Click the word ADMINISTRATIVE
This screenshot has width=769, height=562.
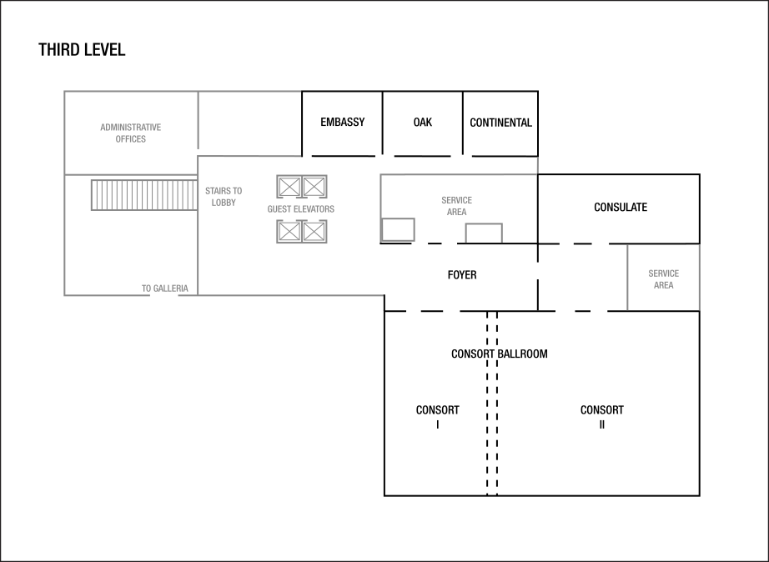(130, 128)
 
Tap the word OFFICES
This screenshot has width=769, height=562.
(130, 139)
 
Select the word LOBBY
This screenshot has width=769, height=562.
(224, 203)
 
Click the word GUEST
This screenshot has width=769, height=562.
(279, 209)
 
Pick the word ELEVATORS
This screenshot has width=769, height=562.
(314, 209)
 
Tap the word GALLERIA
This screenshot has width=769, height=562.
(170, 289)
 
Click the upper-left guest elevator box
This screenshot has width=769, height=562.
(289, 187)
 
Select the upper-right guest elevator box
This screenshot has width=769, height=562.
(314, 187)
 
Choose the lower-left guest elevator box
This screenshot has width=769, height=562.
(289, 231)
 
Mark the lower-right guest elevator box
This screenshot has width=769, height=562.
(314, 231)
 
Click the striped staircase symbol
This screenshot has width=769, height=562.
(143, 195)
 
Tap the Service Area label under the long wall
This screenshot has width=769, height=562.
(456, 206)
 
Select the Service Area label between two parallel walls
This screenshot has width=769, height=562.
(663, 279)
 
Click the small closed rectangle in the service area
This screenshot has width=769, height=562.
(398, 229)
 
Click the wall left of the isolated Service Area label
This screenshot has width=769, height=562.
(627, 277)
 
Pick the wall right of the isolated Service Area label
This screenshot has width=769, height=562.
(699, 277)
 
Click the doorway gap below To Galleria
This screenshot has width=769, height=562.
(163, 295)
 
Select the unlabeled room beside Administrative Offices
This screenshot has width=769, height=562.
(249, 123)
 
